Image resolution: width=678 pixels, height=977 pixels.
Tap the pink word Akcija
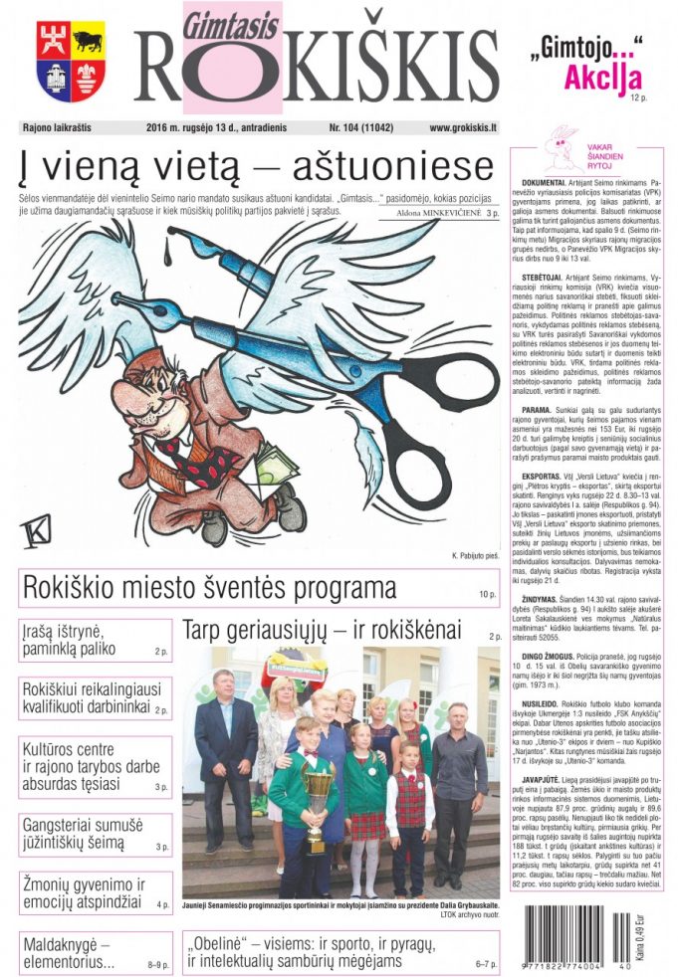[x=603, y=77]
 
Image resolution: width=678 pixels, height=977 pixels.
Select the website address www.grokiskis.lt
[x=462, y=128]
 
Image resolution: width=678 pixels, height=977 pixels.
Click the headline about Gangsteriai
[x=88, y=834]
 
